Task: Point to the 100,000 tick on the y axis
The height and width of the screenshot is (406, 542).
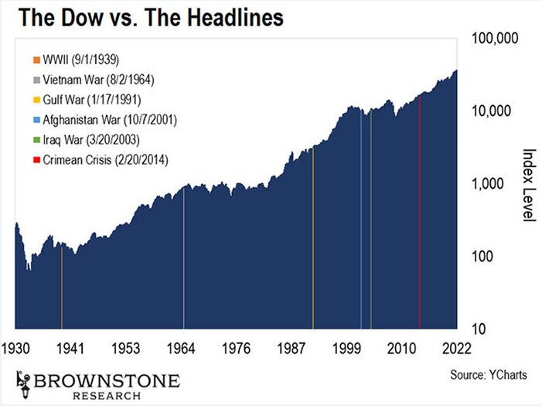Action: point(497,38)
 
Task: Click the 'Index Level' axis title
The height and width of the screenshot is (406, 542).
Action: point(529,186)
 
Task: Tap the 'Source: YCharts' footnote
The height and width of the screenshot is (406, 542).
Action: point(488,375)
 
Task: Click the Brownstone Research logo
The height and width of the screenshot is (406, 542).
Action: point(97,384)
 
